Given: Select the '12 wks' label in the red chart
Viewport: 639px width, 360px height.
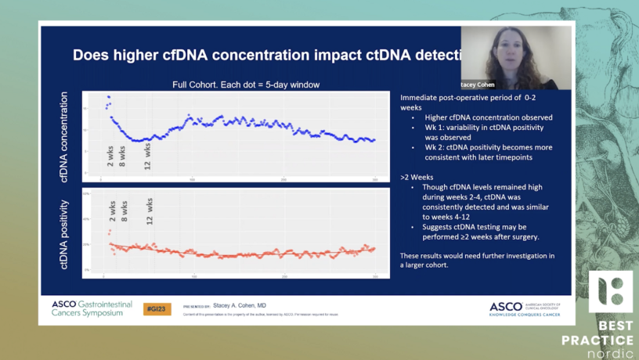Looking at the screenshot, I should (x=150, y=211).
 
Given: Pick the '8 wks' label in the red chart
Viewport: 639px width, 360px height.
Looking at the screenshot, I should (x=124, y=212).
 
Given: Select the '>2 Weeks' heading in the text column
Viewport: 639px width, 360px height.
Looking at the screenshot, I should (x=415, y=177).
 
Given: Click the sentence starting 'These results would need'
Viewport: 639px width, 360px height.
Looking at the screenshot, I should (x=477, y=256).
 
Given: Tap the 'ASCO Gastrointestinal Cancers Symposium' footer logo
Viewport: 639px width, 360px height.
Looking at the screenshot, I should (x=92, y=308).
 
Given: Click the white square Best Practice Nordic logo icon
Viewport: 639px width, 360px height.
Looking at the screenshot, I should (x=611, y=292).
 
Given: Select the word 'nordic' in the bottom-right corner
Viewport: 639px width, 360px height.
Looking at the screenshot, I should (x=612, y=353).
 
